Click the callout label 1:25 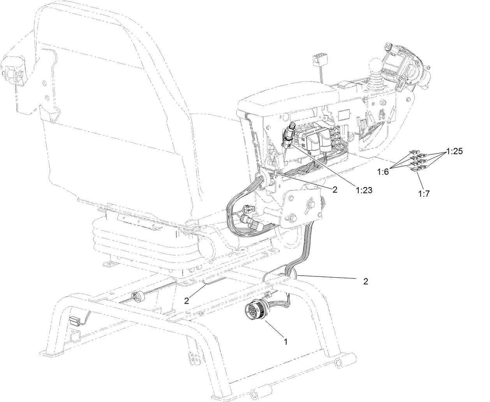tap(455, 152)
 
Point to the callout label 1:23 tap(363, 190)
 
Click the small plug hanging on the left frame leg tap(75, 321)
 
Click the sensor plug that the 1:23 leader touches tap(289, 136)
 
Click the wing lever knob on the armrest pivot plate tap(310, 204)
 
